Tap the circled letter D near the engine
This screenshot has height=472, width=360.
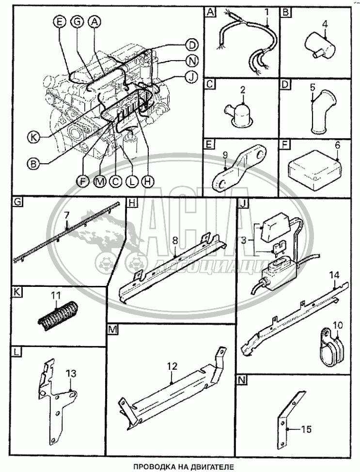(x=191, y=45)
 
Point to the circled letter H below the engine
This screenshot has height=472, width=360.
(x=148, y=180)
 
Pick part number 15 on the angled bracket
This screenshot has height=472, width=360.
(x=306, y=428)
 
